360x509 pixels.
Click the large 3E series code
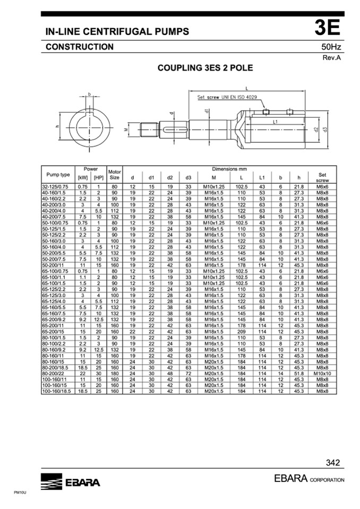327,28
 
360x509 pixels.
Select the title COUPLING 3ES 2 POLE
205,68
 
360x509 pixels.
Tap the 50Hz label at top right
331,47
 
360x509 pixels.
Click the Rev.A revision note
332,58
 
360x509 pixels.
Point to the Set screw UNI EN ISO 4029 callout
227,97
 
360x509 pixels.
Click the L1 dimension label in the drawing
275,122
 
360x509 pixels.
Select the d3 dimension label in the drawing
325,129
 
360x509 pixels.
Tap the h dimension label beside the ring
57,127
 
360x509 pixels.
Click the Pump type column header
58,175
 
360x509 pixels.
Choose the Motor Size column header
115,175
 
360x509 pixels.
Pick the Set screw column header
322,178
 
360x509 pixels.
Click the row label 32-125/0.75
55,187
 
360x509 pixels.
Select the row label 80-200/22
53,373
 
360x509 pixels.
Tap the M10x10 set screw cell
322,373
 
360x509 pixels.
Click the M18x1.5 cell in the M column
214,331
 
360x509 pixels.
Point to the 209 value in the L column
242,331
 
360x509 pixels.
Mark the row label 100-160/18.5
56,391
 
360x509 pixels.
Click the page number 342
333,463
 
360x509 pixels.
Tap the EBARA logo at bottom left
71,481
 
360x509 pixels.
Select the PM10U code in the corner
20,493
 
